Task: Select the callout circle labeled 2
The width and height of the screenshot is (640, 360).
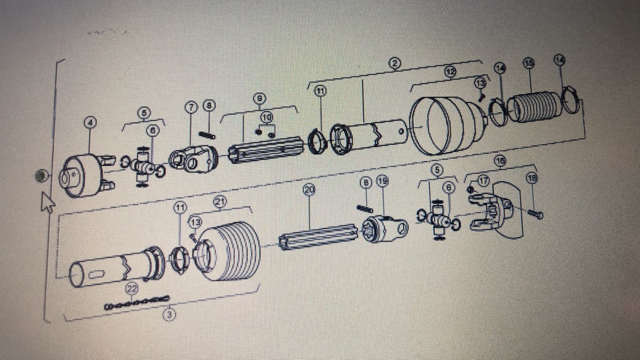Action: click(395, 63)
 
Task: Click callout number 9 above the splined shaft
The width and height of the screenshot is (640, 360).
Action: click(259, 98)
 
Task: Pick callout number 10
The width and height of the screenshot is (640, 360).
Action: click(266, 118)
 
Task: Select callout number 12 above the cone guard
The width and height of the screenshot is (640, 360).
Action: click(450, 72)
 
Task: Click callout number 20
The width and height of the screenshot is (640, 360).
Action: click(309, 189)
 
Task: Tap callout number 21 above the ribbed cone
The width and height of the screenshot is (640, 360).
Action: click(219, 201)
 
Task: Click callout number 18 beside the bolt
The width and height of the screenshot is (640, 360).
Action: click(532, 178)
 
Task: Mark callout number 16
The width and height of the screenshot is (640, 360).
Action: click(500, 161)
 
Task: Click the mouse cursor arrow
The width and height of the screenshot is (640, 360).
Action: click(47, 201)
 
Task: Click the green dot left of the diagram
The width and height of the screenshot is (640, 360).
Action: click(41, 176)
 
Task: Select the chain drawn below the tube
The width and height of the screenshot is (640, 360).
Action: click(137, 302)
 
